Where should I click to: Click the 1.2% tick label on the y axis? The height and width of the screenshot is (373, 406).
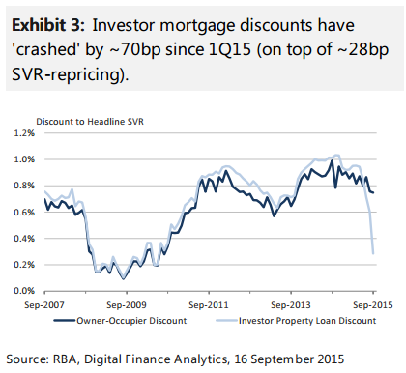[x=24, y=133]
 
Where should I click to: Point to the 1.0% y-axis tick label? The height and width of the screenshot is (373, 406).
[x=24, y=159]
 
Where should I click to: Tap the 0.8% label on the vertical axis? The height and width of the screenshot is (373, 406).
[x=24, y=186]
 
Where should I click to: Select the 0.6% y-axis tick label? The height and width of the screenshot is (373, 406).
[x=24, y=213]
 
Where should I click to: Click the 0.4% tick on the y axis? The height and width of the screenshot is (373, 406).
[x=24, y=239]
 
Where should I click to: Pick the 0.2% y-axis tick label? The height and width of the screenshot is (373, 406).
[x=24, y=265]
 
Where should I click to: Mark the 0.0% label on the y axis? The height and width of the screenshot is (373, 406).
[x=24, y=291]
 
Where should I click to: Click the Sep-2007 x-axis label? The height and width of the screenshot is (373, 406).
[x=44, y=305]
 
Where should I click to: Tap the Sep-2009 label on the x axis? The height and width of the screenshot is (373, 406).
[x=127, y=305]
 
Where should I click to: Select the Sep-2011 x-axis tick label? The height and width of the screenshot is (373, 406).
[x=209, y=305]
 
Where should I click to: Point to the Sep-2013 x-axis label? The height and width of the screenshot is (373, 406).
[x=291, y=305]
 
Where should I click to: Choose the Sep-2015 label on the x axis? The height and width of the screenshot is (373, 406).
[x=373, y=305]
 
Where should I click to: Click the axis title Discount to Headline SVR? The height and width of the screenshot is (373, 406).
[x=90, y=122]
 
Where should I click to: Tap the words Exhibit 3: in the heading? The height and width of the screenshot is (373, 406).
[x=48, y=25]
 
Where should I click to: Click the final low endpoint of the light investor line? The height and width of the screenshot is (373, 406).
[x=373, y=253]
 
